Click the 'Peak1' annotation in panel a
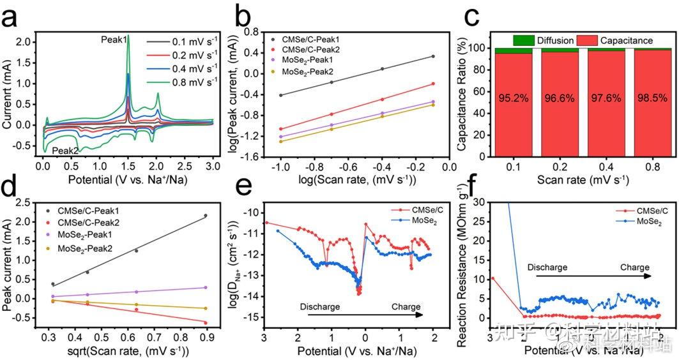(113, 40)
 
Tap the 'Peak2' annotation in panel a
(65, 150)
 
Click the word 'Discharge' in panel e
(320, 306)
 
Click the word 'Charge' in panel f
(634, 267)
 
